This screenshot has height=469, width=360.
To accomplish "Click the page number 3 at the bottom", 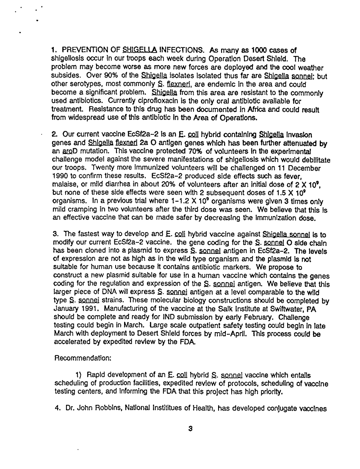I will pos(190,428).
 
